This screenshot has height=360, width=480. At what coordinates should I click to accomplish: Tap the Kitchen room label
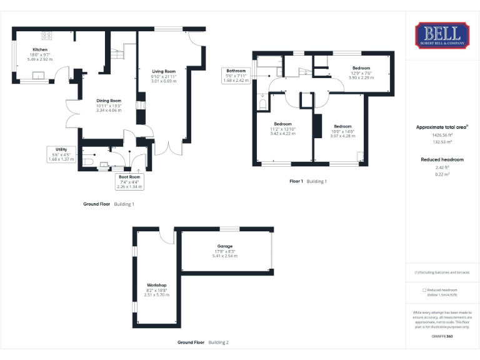pyautogui.click(x=40, y=49)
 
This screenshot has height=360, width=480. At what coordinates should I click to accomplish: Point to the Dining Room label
pyautogui.click(x=109, y=101)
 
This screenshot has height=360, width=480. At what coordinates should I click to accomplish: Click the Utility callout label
pyautogui.click(x=61, y=150)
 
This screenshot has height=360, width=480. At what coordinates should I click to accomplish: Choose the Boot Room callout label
pyautogui.click(x=130, y=177)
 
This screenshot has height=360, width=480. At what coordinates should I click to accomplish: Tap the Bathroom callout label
pyautogui.click(x=236, y=71)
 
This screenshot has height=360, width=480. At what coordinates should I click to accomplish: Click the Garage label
pyautogui.click(x=225, y=247)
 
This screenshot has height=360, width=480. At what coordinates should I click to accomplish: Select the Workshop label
pyautogui.click(x=157, y=286)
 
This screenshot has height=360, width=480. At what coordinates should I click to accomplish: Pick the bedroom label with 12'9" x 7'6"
pyautogui.click(x=361, y=68)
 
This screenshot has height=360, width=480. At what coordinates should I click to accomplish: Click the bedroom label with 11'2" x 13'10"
pyautogui.click(x=282, y=124)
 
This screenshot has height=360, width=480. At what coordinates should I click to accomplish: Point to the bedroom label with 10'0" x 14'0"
pyautogui.click(x=342, y=126)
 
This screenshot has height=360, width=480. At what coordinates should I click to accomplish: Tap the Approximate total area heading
pyautogui.click(x=442, y=127)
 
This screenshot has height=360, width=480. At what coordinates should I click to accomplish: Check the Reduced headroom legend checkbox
pyautogui.click(x=425, y=290)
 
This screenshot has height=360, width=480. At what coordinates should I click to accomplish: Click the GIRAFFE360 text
pyautogui.click(x=442, y=336)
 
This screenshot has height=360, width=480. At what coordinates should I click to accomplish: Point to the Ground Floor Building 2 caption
pyautogui.click(x=203, y=342)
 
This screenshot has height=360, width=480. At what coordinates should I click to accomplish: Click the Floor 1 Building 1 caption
pyautogui.click(x=308, y=181)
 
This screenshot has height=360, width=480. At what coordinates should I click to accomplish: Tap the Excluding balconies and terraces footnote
pyautogui.click(x=442, y=272)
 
